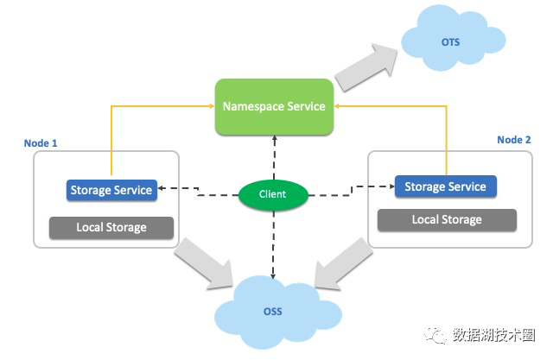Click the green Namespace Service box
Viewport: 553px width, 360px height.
pos(274,106)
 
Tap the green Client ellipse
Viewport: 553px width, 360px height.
pos(272,194)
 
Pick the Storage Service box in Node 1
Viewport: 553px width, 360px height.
pos(111,190)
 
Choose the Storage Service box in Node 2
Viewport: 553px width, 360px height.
pos(445,186)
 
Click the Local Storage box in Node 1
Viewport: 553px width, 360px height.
pos(111,227)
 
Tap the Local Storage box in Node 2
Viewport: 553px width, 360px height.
pos(447,219)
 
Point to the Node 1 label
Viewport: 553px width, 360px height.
pos(41,142)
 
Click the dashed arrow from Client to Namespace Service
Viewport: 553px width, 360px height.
pos(273,156)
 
